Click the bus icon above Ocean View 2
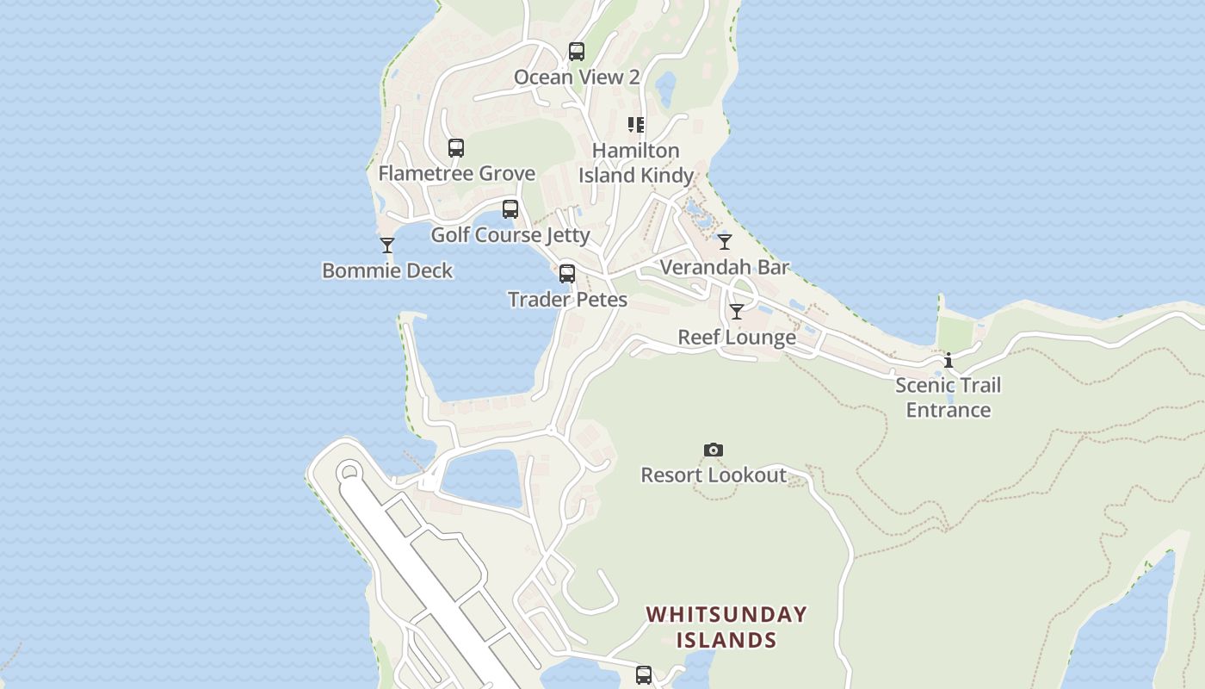577,52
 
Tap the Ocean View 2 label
577,77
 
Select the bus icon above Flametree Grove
456,148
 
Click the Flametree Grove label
456,173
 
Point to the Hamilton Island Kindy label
636,163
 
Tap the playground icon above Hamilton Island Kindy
636,125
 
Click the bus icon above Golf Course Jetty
510,209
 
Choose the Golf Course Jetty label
510,234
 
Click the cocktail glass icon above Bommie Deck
387,245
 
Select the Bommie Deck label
387,270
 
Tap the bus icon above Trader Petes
567,274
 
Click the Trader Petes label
567,299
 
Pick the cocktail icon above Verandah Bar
725,242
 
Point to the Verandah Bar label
725,267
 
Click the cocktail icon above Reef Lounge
737,312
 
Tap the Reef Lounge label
737,337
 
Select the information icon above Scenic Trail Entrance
949,360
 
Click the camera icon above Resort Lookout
714,450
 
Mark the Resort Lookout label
714,475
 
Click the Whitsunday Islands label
726,627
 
